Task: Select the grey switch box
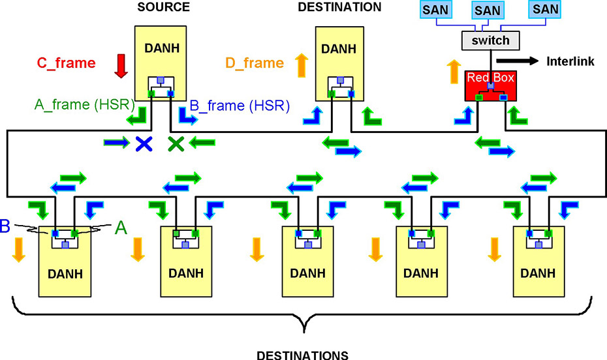(490, 41)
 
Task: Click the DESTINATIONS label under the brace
(303, 355)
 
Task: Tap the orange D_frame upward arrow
(302, 65)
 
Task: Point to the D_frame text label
(255, 63)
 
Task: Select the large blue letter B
(6, 226)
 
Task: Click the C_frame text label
(66, 63)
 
